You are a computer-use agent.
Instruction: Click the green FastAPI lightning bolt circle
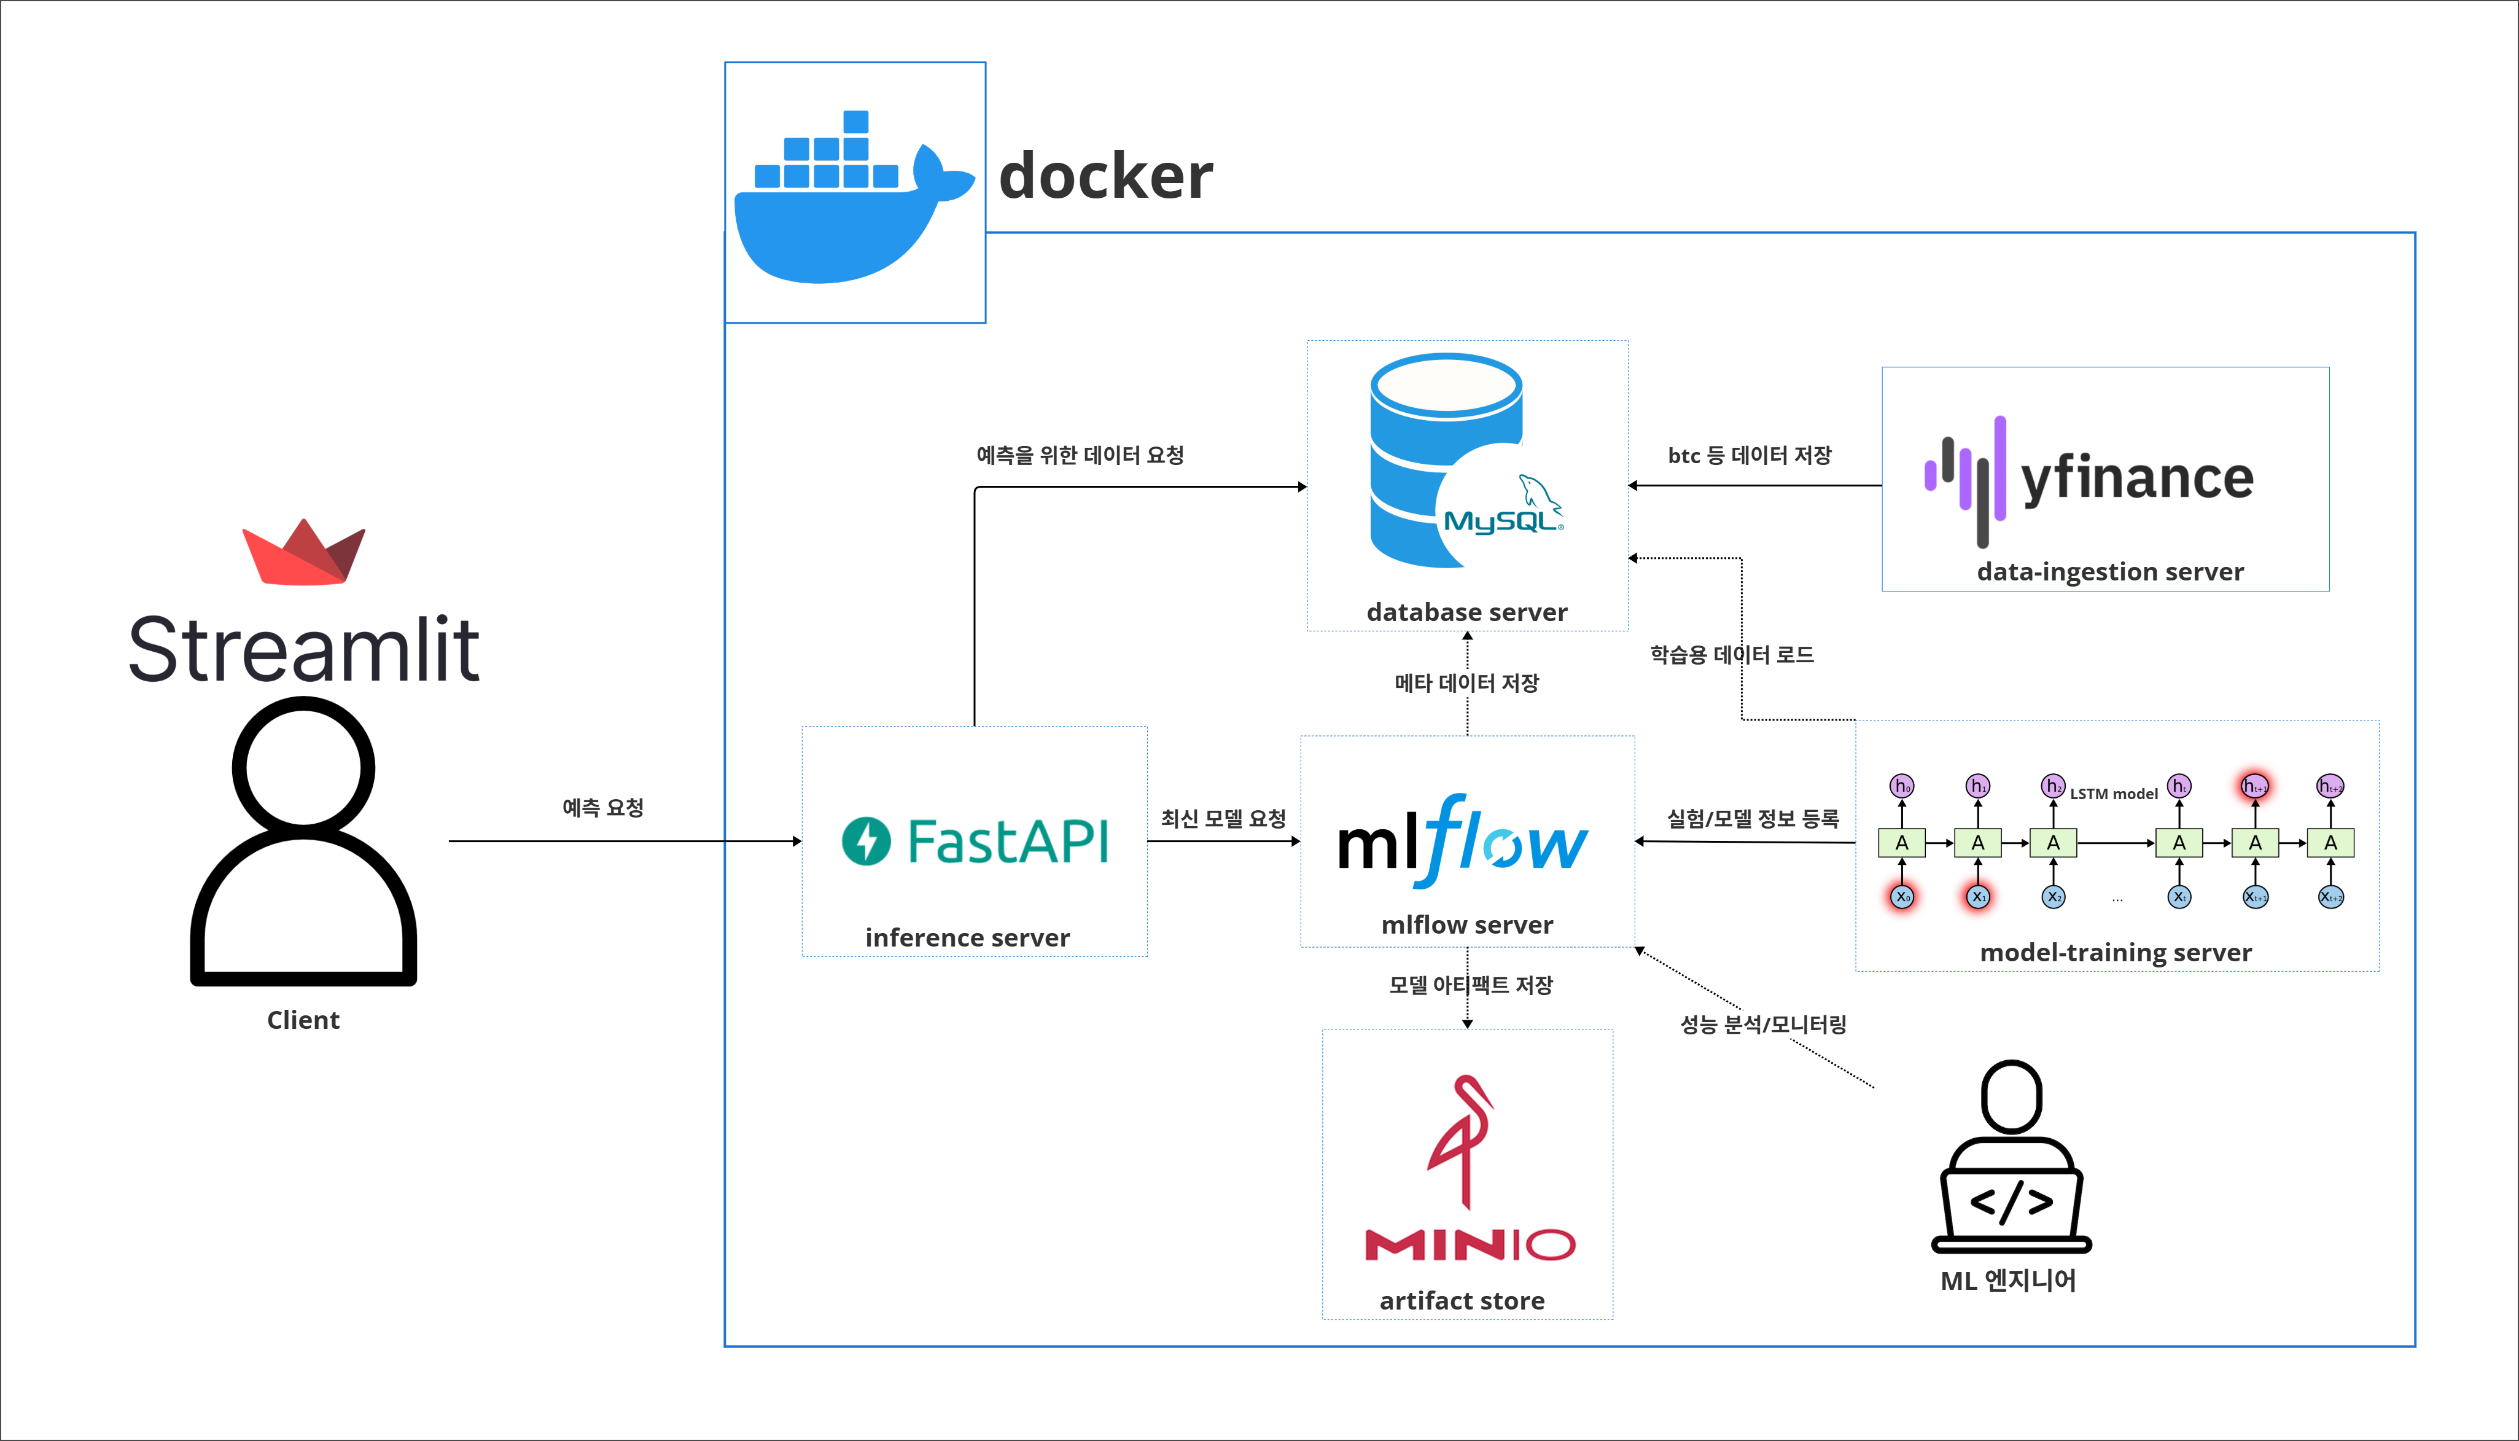click(866, 842)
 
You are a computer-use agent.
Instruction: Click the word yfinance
click(2137, 479)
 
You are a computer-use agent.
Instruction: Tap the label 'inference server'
click(967, 937)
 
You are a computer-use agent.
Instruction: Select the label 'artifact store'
click(1462, 1300)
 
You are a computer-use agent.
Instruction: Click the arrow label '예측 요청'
click(602, 808)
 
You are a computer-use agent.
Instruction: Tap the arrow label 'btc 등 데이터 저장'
click(1750, 455)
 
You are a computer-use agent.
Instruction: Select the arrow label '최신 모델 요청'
click(1223, 819)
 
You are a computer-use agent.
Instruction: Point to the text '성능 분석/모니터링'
click(1763, 1025)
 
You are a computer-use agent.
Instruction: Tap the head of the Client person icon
click(304, 767)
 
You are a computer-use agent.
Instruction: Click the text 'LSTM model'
click(2113, 794)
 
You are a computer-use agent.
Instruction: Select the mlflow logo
click(1462, 842)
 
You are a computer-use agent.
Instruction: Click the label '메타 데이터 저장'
click(1466, 683)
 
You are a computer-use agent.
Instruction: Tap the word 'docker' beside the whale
click(1105, 176)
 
